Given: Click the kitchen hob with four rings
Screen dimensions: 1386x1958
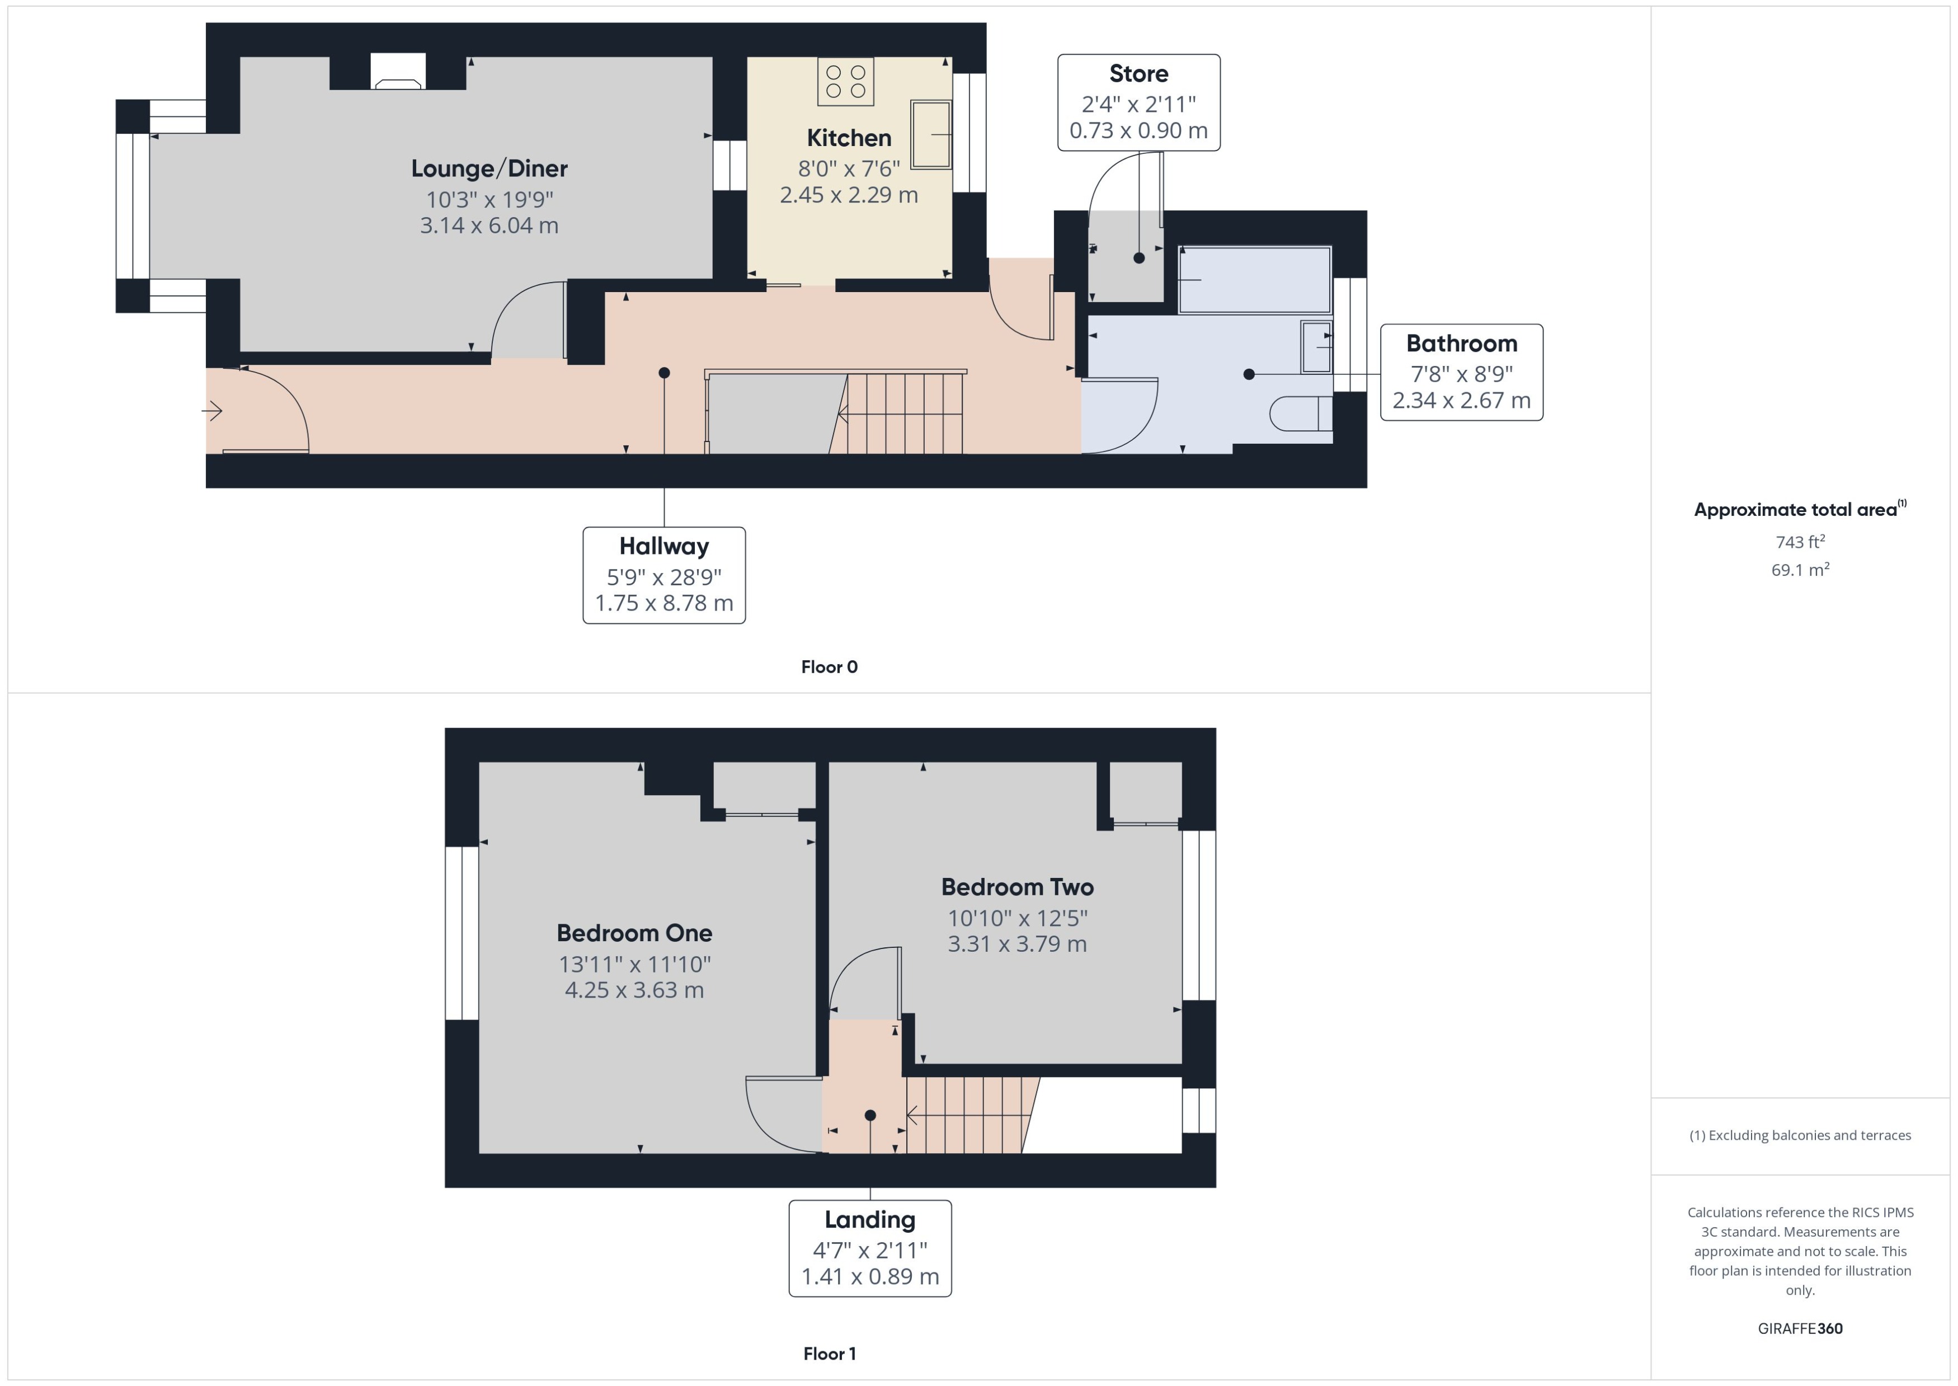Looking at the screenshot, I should pyautogui.click(x=845, y=82).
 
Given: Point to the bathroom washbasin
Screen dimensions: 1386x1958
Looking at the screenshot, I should pyautogui.click(x=1316, y=346).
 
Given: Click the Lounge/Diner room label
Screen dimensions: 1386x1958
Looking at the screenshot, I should pyautogui.click(x=489, y=168).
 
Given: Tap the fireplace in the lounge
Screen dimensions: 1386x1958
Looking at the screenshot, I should pyautogui.click(x=398, y=73).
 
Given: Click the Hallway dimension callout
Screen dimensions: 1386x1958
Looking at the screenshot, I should pyautogui.click(x=663, y=575).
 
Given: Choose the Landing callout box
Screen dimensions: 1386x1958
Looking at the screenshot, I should pyautogui.click(x=869, y=1248).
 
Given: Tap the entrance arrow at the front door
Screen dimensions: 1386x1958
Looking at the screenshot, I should pyautogui.click(x=213, y=411).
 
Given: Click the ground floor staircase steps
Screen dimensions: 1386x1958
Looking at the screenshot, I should pyautogui.click(x=905, y=415).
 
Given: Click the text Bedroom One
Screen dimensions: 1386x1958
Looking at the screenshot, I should pyautogui.click(x=634, y=933).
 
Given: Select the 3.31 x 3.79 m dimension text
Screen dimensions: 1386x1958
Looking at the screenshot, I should pyautogui.click(x=1017, y=945).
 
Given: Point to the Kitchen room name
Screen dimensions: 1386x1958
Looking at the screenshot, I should pyautogui.click(x=849, y=138).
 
